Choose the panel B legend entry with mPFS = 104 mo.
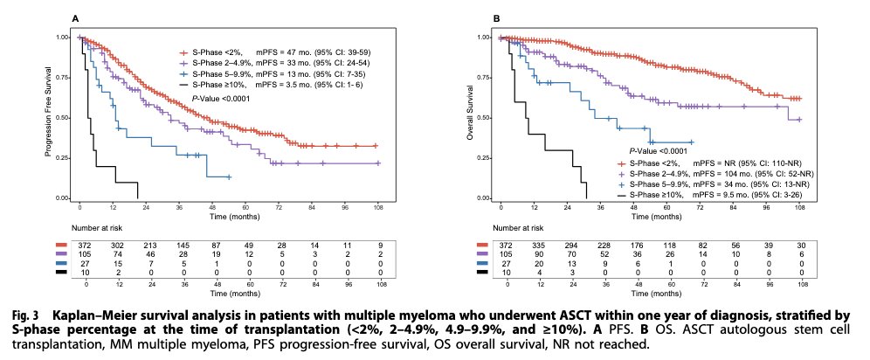708,174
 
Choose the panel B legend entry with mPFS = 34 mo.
708,185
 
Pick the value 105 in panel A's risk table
87,260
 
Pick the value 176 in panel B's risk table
639,251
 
